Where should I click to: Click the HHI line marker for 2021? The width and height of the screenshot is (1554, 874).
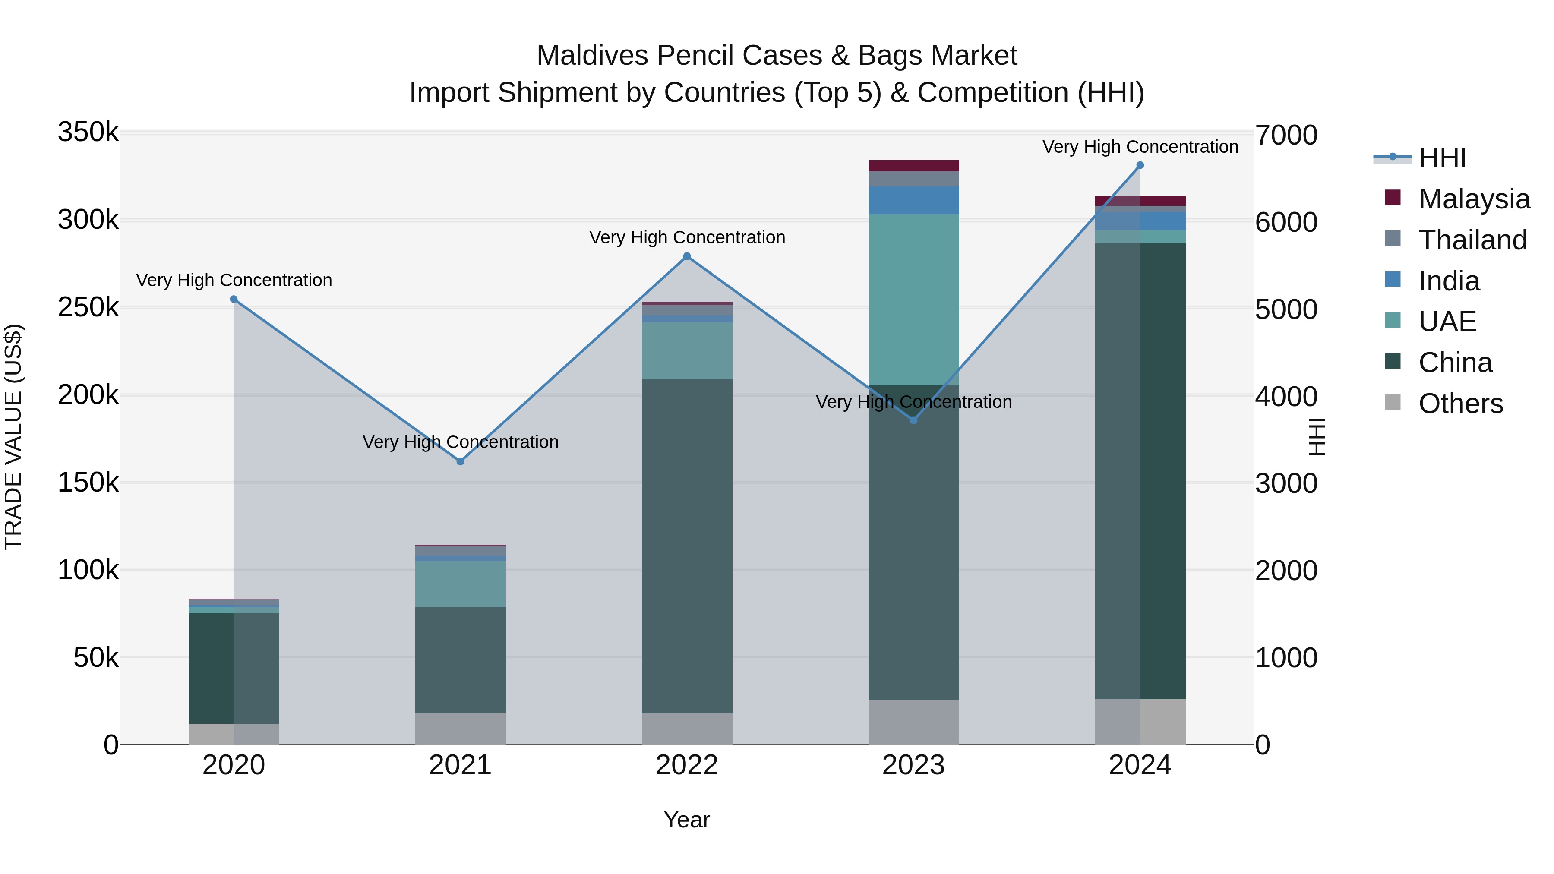tap(460, 461)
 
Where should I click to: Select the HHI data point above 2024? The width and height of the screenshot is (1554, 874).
tap(1140, 165)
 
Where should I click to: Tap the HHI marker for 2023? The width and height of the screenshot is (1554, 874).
tap(913, 420)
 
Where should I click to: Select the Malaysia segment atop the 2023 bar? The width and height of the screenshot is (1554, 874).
tap(913, 166)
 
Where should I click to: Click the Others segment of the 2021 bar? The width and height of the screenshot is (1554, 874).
tap(460, 729)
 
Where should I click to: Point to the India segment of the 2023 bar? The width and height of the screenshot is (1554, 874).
tap(913, 200)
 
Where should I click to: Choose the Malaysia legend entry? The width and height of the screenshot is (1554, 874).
tap(1473, 199)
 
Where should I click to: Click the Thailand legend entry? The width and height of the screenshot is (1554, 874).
tap(1472, 240)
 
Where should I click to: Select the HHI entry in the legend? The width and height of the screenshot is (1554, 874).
tap(1442, 158)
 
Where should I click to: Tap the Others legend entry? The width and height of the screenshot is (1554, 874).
tap(1460, 404)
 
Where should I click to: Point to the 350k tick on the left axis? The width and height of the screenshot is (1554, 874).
tap(88, 132)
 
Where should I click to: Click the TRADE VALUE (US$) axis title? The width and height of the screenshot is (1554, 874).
tap(13, 437)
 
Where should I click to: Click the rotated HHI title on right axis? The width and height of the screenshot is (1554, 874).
tap(1317, 437)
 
